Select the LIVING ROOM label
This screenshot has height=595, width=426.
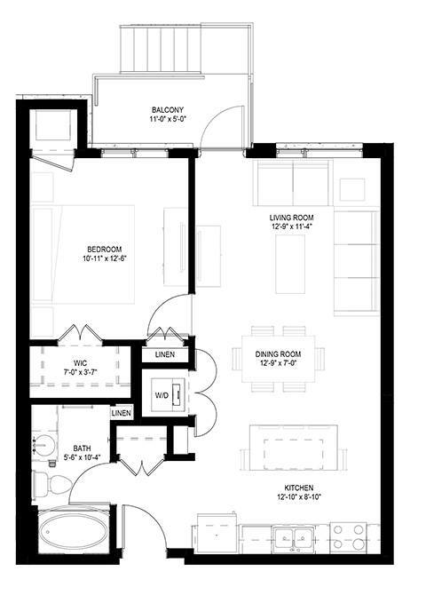coord(292,217)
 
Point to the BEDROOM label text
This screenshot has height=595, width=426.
coord(104,249)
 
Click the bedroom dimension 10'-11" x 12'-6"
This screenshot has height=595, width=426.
coord(104,258)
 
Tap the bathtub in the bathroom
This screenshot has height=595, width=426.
coord(74,533)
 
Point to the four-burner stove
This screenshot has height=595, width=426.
coord(348,535)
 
